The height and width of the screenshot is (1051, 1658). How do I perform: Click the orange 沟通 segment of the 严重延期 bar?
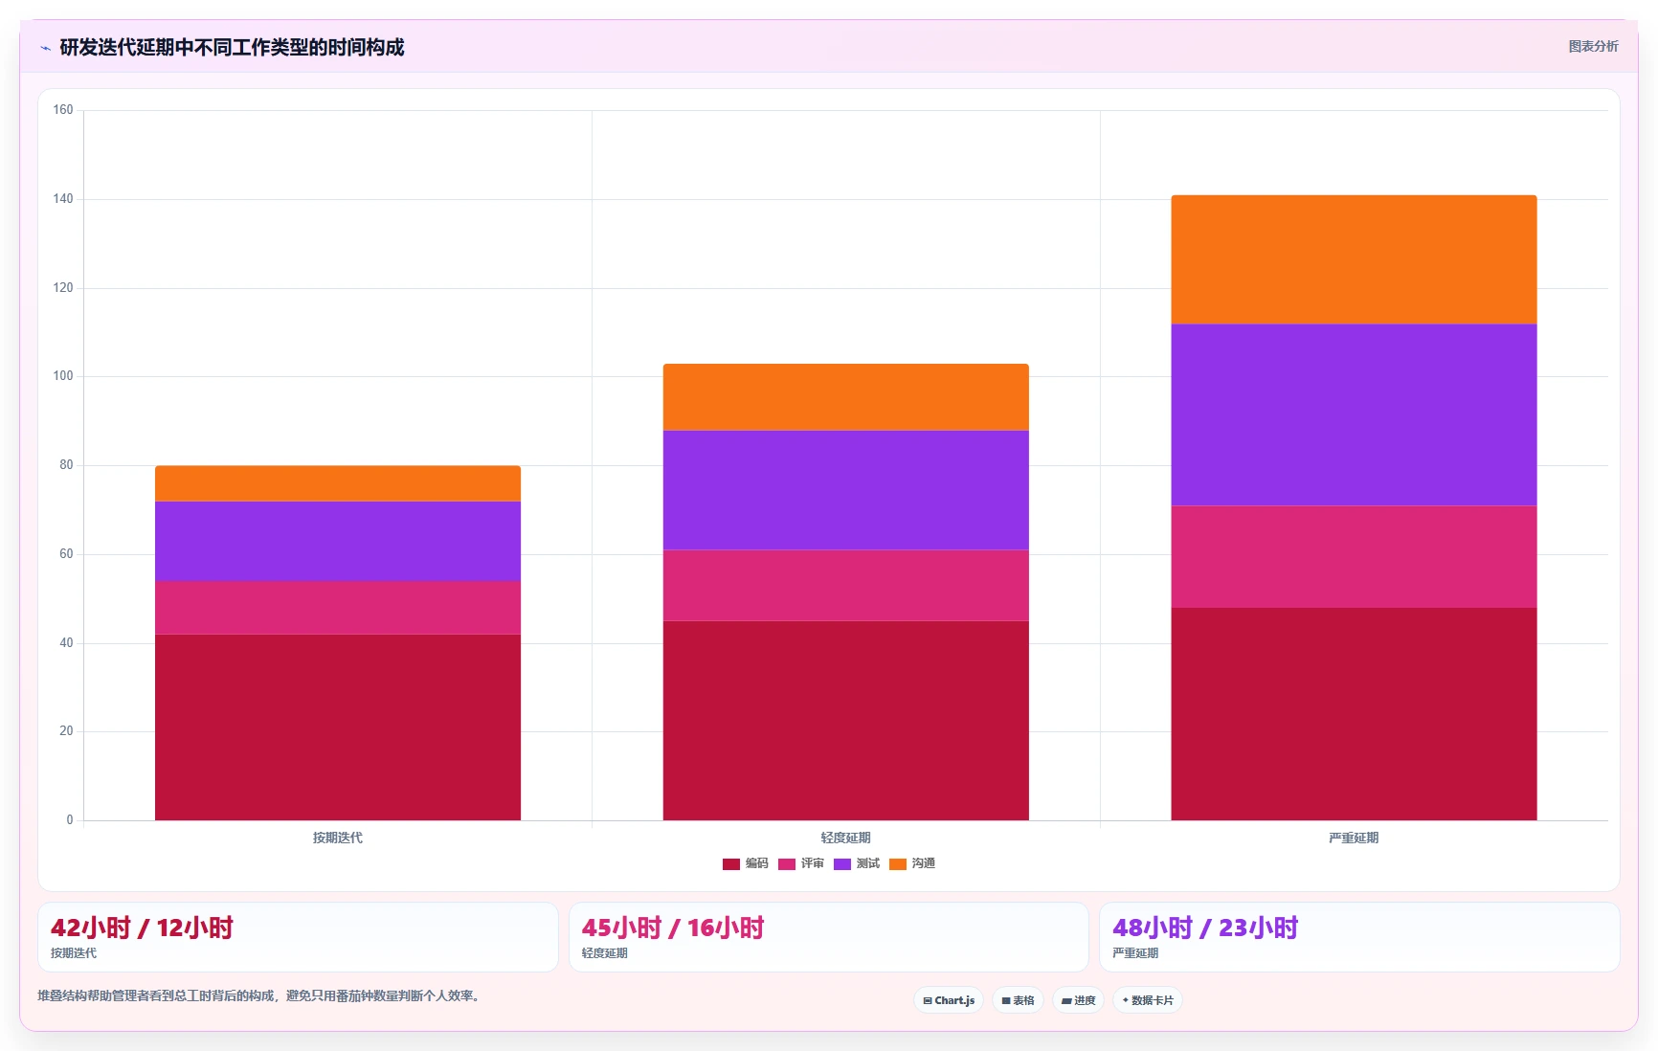coord(1354,259)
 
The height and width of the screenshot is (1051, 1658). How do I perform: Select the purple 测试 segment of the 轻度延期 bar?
coord(845,490)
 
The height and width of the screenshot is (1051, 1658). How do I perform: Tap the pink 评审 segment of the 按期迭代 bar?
coord(338,608)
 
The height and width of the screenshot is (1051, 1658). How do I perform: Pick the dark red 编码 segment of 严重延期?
coord(1354,714)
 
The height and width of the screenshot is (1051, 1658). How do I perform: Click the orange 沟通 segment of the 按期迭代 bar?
coord(338,483)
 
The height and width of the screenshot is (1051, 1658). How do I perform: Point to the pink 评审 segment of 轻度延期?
coord(845,586)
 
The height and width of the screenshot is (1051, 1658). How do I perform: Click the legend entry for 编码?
coord(746,863)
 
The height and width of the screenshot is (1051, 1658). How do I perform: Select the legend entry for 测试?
coord(857,863)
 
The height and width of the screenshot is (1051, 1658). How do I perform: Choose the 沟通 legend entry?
coord(912,863)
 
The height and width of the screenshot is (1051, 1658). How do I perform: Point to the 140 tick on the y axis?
coord(63,199)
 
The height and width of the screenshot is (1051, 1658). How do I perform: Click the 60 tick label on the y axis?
coord(66,554)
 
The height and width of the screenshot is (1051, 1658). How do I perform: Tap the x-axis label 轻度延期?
coord(845,838)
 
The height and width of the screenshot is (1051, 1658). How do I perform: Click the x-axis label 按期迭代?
coord(338,838)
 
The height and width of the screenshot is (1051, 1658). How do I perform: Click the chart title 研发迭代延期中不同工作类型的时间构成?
coord(232,47)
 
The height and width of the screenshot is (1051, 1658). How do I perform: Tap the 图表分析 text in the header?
coord(1593,46)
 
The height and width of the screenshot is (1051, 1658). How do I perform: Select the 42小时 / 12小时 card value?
coord(142,928)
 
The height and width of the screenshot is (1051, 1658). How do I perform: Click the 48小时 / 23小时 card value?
coord(1205,928)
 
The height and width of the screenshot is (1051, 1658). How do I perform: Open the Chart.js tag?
coord(949,1000)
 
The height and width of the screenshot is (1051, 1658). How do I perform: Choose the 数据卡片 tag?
coord(1148,1000)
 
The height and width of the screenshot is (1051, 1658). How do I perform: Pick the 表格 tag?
coord(1018,1000)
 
